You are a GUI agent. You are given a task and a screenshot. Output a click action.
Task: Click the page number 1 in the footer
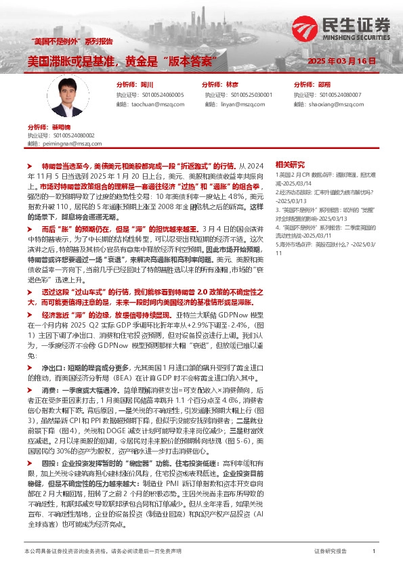pyautogui.click(x=374, y=552)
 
